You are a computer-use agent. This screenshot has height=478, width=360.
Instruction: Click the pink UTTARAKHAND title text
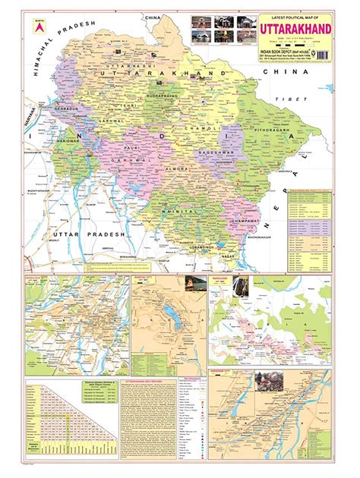pyautogui.click(x=294, y=25)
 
